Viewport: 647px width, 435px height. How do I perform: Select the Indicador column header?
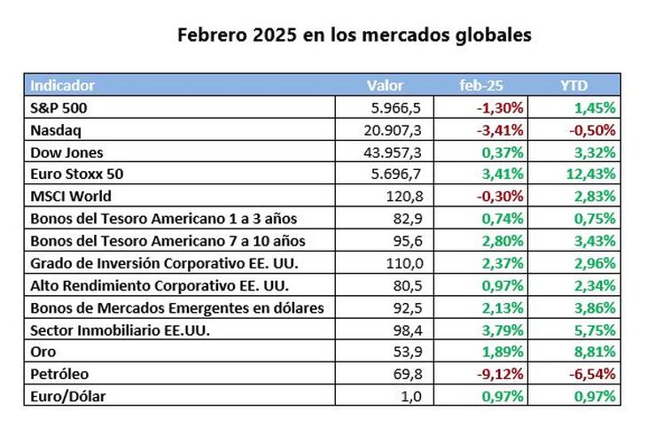(63, 86)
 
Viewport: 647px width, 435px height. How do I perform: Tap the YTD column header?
(573, 86)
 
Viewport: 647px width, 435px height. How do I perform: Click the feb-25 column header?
(482, 86)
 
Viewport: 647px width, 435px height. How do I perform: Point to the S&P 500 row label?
(59, 108)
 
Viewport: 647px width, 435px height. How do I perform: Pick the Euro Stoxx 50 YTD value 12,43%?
(589, 175)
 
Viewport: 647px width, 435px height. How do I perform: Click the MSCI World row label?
(71, 197)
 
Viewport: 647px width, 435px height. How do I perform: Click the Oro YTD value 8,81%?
(594, 352)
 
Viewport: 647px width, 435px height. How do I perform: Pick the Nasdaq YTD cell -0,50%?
(591, 130)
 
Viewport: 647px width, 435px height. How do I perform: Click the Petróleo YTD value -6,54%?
(591, 374)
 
